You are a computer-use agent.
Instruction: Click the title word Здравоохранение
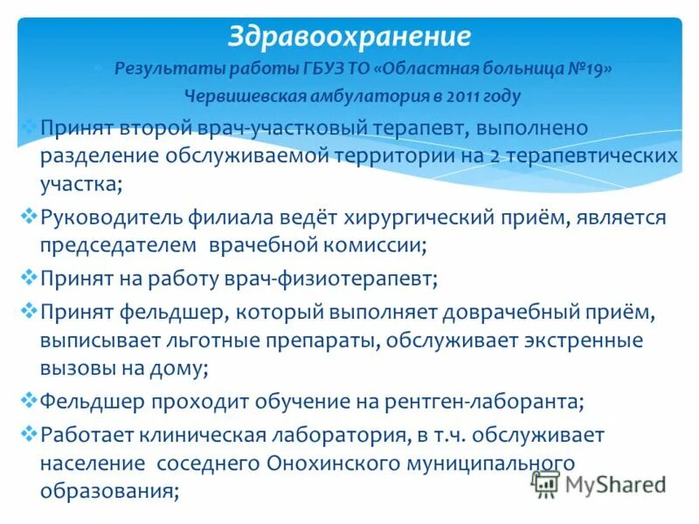(349, 36)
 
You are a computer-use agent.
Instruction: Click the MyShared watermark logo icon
(546, 484)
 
